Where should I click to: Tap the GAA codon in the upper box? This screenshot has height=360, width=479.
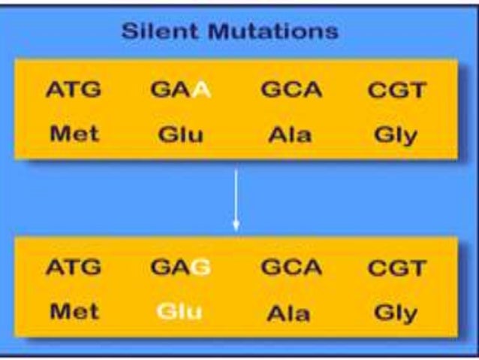(180, 91)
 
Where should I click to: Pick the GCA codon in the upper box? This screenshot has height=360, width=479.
(291, 91)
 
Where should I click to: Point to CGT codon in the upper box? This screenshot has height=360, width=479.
(396, 92)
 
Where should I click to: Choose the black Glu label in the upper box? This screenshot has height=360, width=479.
(180, 135)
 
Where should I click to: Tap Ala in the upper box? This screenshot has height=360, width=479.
(291, 135)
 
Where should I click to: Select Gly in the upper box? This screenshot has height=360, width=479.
(396, 136)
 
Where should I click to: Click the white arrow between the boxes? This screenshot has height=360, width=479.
(236, 200)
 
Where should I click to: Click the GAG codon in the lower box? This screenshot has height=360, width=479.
(180, 268)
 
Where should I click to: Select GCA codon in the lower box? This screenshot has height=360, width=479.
(291, 268)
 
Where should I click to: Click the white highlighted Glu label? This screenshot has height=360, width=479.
(180, 311)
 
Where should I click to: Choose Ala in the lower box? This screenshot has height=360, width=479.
(291, 311)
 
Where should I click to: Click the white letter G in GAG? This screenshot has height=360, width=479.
(200, 268)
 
